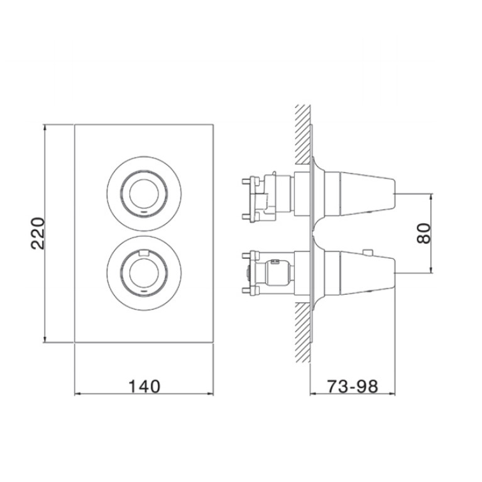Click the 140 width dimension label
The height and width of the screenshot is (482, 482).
pyautogui.click(x=144, y=386)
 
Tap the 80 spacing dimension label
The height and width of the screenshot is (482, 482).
pyautogui.click(x=424, y=233)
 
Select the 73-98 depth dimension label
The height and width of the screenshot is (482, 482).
pyautogui.click(x=353, y=386)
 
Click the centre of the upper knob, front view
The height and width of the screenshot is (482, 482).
pyautogui.click(x=144, y=194)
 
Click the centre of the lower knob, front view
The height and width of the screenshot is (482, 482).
pyautogui.click(x=144, y=273)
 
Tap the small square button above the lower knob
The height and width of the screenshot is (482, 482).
pyautogui.click(x=144, y=253)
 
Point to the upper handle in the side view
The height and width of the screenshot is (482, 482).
pyautogui.click(x=359, y=194)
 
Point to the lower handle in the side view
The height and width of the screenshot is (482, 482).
pyautogui.click(x=359, y=273)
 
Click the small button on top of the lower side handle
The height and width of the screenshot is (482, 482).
pyautogui.click(x=368, y=252)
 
